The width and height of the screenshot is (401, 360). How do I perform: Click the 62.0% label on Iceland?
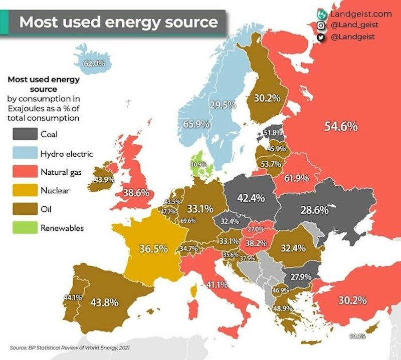coord(94,63)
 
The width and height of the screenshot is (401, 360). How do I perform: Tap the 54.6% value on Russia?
coord(341,127)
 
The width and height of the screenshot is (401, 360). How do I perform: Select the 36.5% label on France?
coord(153,249)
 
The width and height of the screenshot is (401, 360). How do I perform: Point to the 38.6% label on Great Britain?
coord(137,192)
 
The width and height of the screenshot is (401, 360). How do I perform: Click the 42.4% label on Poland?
coord(251,198)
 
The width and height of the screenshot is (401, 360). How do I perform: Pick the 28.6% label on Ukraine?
coord(314,209)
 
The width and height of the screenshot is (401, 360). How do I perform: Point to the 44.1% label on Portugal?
coord(72,297)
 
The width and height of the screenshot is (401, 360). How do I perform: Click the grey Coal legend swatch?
coord(25,134)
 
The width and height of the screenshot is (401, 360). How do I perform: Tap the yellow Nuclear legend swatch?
coord(25,191)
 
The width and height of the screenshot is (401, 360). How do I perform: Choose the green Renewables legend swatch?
coord(25,228)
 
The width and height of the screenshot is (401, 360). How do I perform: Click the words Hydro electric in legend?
coord(66,153)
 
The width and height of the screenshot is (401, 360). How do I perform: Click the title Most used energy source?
coord(118,23)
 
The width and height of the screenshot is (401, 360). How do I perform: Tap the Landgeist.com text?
coord(361,14)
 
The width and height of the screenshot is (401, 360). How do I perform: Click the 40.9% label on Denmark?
coord(198,164)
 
